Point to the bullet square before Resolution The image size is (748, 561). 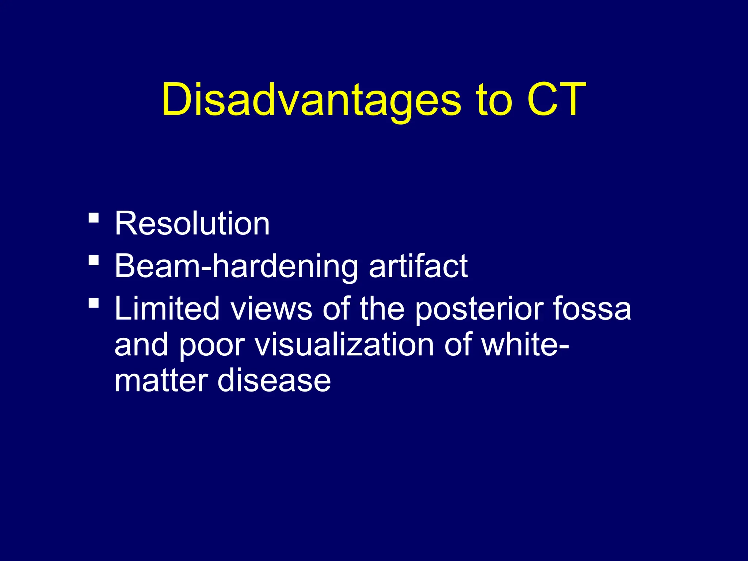tap(94, 218)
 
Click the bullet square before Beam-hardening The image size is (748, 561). tap(94, 260)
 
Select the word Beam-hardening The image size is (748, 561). tap(236, 267)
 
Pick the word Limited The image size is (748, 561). tap(167, 309)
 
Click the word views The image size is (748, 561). tap(271, 309)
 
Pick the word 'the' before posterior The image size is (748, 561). tap(382, 309)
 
